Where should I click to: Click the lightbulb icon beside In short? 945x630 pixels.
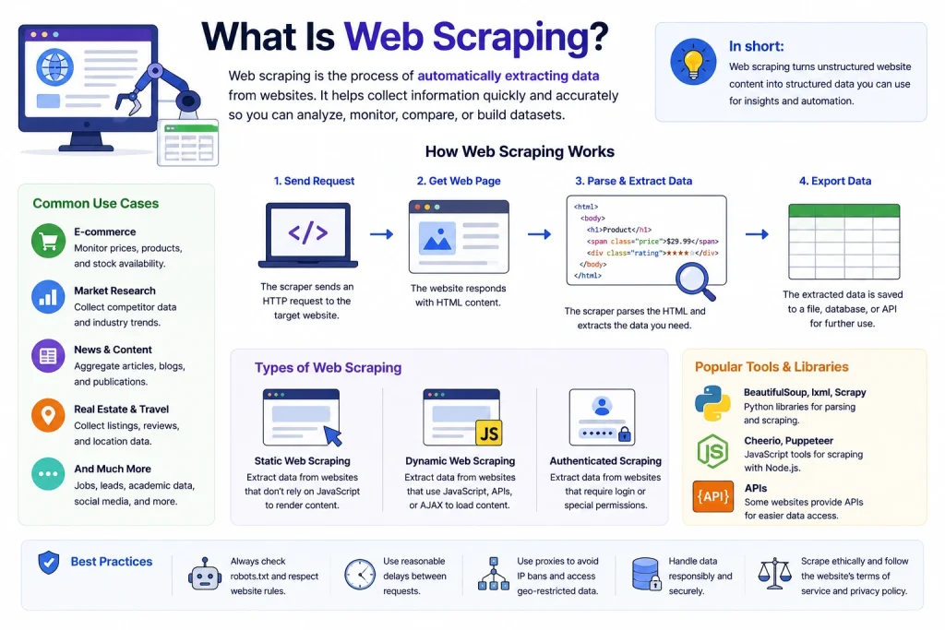click(x=693, y=62)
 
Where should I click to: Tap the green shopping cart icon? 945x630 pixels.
click(x=48, y=241)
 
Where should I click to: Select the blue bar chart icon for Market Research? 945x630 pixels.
click(x=48, y=297)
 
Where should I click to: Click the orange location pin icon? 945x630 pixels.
click(x=48, y=415)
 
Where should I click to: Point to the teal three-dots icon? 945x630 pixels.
click(x=48, y=474)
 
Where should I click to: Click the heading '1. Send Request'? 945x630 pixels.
click(x=314, y=181)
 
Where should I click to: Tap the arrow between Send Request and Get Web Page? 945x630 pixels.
click(x=381, y=233)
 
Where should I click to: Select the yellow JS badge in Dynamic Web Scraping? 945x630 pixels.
click(x=489, y=433)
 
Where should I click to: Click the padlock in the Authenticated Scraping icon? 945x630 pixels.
click(x=625, y=434)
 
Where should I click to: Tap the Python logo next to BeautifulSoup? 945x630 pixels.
click(x=712, y=403)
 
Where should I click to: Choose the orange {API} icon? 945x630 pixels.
click(x=713, y=496)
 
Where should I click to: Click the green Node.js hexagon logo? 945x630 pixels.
click(x=712, y=451)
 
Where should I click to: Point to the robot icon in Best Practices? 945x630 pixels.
click(x=205, y=575)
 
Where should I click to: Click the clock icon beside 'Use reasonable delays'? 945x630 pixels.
click(x=360, y=575)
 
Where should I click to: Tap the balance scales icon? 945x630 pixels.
click(x=774, y=574)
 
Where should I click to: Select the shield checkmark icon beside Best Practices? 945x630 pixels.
click(x=49, y=563)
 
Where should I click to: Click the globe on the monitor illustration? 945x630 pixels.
click(x=54, y=66)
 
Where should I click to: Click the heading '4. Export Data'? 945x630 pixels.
click(x=834, y=181)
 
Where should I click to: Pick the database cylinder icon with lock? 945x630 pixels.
click(x=646, y=574)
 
